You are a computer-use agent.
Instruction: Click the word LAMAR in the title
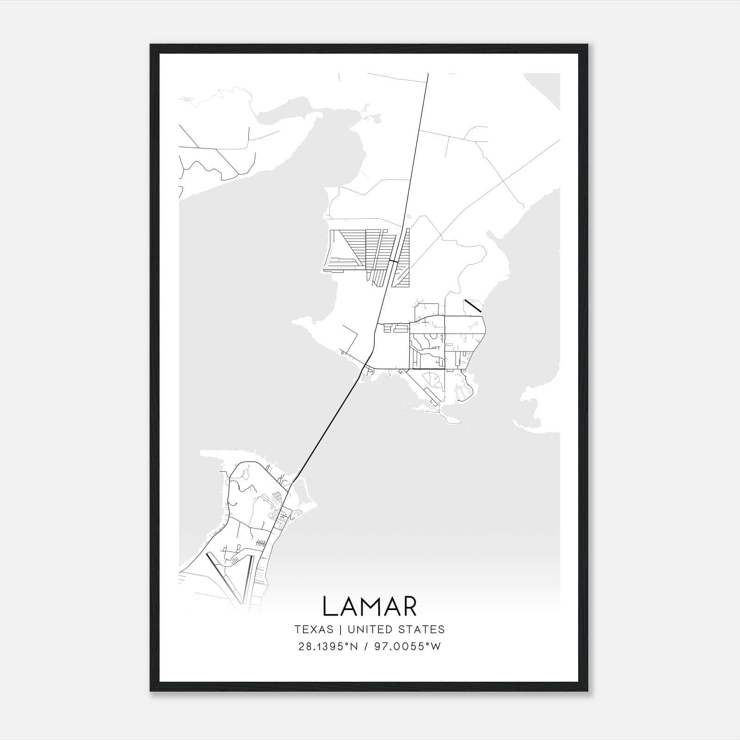(370, 606)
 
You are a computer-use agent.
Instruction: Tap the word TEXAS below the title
(314, 629)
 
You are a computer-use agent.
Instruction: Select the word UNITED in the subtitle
(369, 629)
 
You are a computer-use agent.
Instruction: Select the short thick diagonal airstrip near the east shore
(473, 306)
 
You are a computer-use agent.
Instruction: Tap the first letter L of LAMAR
(329, 606)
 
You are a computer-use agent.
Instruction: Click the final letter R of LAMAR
(410, 606)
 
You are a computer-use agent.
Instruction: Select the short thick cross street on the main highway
(393, 262)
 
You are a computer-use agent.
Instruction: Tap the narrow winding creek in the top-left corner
(217, 92)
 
